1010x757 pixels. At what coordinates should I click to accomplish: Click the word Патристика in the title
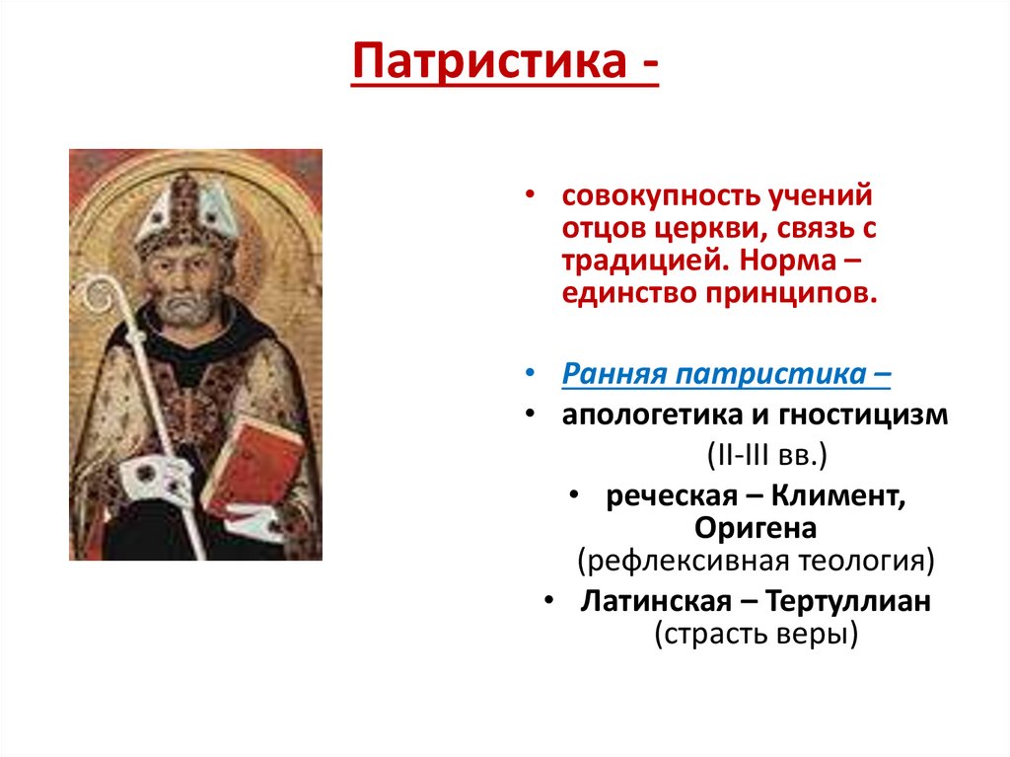pyautogui.click(x=489, y=62)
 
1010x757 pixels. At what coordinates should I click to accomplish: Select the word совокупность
pyautogui.click(x=653, y=195)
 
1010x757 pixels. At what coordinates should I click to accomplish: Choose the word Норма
pyautogui.click(x=787, y=261)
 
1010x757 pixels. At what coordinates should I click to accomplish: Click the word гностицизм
pyautogui.click(x=863, y=416)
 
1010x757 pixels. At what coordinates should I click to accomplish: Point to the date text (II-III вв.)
pyautogui.click(x=766, y=455)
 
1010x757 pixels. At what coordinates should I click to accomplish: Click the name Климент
pyautogui.click(x=838, y=495)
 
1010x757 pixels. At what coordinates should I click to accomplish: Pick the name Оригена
pyautogui.click(x=756, y=528)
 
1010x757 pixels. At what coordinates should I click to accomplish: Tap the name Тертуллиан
pyautogui.click(x=848, y=602)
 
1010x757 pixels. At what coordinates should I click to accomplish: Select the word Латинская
pyautogui.click(x=656, y=602)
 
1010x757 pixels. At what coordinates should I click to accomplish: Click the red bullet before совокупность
pyautogui.click(x=530, y=194)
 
